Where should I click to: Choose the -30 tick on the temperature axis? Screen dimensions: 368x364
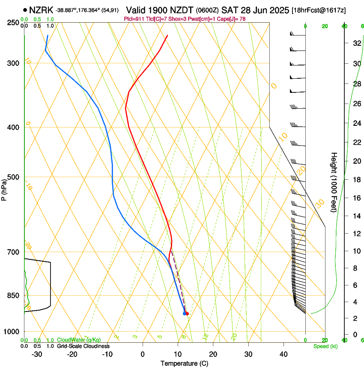click(x=37, y=354)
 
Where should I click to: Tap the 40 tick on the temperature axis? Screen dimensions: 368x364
click(x=283, y=354)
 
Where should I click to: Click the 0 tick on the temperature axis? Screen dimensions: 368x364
click(x=143, y=354)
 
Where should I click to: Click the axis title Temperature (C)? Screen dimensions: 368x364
click(x=184, y=363)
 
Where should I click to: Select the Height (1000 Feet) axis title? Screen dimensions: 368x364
click(x=334, y=182)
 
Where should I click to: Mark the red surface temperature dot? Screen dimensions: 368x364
click(x=187, y=314)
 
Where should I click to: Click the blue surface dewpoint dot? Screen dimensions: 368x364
click(x=185, y=314)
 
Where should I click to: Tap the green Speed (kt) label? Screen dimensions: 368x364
click(x=325, y=346)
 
